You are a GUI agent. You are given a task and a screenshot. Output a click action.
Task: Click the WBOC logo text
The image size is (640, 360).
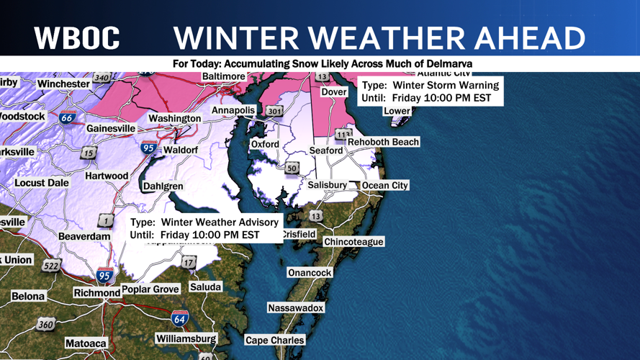pos(77,38)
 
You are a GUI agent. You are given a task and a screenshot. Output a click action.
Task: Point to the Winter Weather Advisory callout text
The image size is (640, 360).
pos(204,228)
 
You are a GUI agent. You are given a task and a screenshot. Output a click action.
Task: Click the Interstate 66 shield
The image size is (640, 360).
pos(68,117)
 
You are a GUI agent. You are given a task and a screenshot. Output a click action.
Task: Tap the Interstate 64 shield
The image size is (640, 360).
pos(180,317)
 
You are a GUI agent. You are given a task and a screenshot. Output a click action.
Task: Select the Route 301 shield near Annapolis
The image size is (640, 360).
pos(274,111)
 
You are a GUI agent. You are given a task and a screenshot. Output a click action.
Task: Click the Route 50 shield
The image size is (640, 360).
pos(292,168)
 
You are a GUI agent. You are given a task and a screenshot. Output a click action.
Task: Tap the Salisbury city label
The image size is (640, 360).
pos(328,185)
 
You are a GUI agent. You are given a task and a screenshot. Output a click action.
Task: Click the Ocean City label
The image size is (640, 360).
pos(384,185)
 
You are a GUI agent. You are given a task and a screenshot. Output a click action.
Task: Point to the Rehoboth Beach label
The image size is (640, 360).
pos(383,142)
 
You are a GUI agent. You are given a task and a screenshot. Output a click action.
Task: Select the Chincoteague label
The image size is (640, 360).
pos(353,242)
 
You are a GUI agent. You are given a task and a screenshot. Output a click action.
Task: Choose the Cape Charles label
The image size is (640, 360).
pos(275,340)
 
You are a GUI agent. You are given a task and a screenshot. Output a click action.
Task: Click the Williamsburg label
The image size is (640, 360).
pos(186,338)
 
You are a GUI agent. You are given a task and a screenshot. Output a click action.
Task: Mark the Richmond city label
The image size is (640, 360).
pos(96,292)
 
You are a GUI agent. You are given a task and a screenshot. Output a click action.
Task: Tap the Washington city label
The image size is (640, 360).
pos(175,118)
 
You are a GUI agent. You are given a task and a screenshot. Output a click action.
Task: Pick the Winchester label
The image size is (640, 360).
pos(64,84)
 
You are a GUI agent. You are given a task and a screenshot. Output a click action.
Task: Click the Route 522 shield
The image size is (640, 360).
pos(51,266)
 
